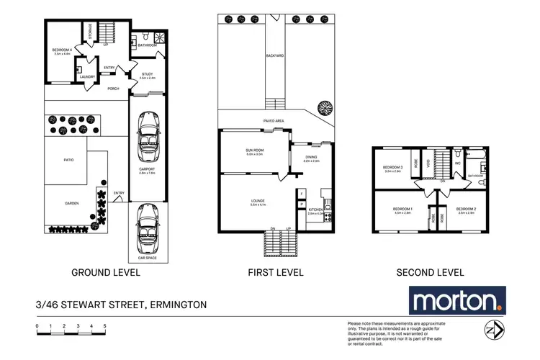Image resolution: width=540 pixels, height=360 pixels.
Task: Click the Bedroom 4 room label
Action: click(61, 50)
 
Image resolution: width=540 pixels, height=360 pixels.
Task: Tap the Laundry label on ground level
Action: click(88, 77)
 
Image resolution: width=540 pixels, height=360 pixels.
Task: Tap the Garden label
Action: click(71, 203)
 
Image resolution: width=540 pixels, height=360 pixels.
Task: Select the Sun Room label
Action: click(255, 150)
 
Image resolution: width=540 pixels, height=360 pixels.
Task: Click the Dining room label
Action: click(311, 158)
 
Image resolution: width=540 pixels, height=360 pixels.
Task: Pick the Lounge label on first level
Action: click(258, 202)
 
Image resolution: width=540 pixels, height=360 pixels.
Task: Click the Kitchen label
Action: click(315, 210)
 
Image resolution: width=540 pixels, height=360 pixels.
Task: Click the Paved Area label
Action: click(269, 122)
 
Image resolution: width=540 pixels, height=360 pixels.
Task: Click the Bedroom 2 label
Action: click(467, 210)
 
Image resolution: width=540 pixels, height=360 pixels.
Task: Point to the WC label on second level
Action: click(457, 163)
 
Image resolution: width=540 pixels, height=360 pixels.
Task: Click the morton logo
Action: click(457, 300)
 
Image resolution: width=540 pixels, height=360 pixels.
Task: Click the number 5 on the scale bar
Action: click(105, 326)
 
